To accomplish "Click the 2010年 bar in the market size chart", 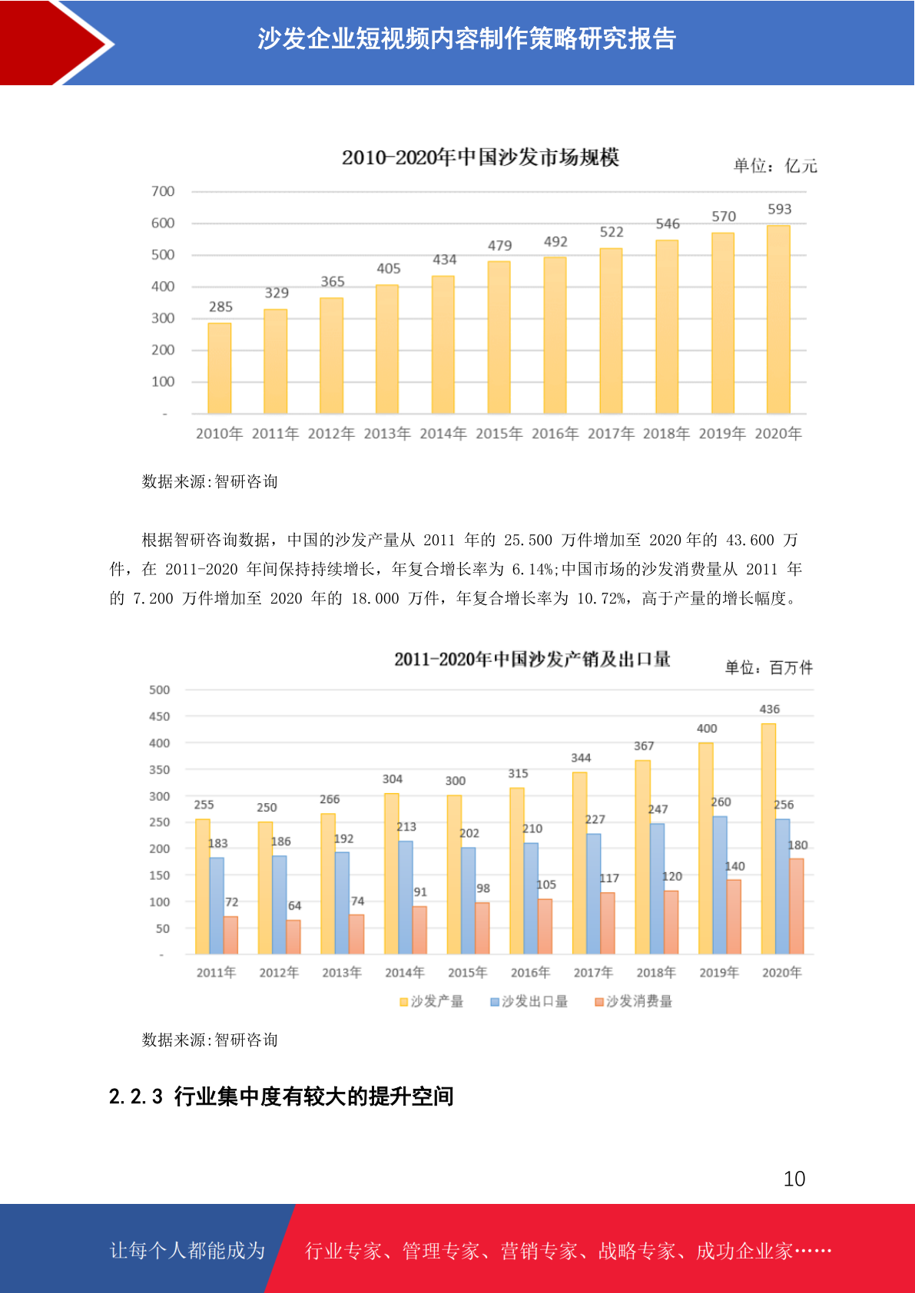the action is pyautogui.click(x=220, y=368).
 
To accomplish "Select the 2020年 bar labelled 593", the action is pyautogui.click(x=778, y=319).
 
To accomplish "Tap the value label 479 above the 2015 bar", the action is pyautogui.click(x=499, y=246).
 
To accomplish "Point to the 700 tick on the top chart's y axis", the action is pyautogui.click(x=163, y=191).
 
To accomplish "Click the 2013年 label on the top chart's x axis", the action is pyautogui.click(x=387, y=434).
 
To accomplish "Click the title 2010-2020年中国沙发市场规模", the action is pyautogui.click(x=480, y=157).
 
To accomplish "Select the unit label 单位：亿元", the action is pyautogui.click(x=775, y=167).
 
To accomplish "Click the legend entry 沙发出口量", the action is pyautogui.click(x=529, y=1001).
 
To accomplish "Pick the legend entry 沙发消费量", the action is pyautogui.click(x=634, y=1001).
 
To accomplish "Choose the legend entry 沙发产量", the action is pyautogui.click(x=432, y=1001).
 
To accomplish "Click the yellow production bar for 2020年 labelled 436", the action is pyautogui.click(x=768, y=838).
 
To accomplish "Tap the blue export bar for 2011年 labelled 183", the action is pyautogui.click(x=217, y=906).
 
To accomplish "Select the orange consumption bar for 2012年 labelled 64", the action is pyautogui.click(x=293, y=937).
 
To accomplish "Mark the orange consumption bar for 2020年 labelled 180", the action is pyautogui.click(x=796, y=906).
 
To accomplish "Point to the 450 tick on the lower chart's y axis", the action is pyautogui.click(x=160, y=716).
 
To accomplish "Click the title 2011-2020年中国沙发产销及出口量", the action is pyautogui.click(x=532, y=660).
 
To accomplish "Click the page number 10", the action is pyautogui.click(x=794, y=1179).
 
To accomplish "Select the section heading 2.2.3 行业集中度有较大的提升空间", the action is pyautogui.click(x=281, y=1096).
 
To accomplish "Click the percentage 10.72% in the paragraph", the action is pyautogui.click(x=602, y=598).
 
